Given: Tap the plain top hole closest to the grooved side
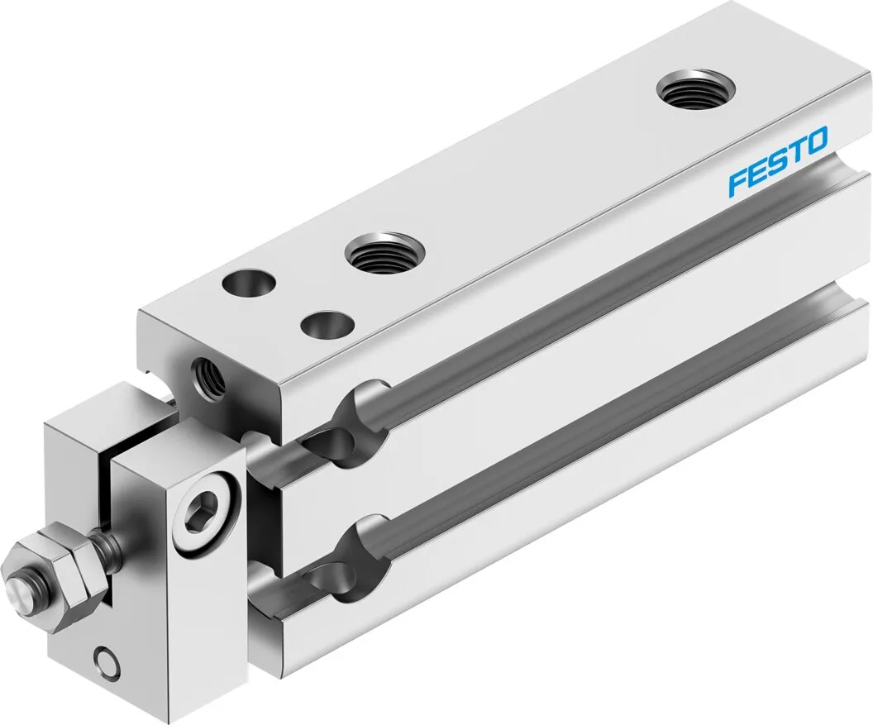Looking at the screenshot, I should pos(325,323).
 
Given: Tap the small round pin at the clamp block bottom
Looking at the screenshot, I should pos(107,661).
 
